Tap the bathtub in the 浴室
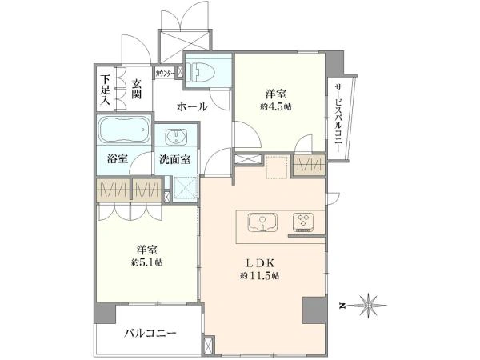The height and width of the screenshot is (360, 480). tap(125, 130)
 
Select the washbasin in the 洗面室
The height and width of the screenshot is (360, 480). tap(176, 137)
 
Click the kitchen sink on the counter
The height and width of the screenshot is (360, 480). tap(262, 222)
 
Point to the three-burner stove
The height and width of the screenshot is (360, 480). tap(302, 222)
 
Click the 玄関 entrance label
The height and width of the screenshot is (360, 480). tap(137, 89)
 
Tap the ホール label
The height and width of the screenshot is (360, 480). tap(192, 107)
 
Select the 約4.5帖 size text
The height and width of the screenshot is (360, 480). tap(276, 107)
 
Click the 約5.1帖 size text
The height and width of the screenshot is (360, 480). tap(147, 262)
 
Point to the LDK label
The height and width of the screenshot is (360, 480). tap(260, 263)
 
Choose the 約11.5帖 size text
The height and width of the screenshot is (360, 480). tap(259, 276)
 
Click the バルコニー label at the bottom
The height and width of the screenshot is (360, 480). tap(150, 333)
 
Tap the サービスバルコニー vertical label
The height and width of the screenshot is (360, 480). tap(339, 118)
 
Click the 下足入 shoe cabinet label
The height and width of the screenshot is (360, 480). tap(106, 90)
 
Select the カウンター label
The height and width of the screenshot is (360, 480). tap(165, 73)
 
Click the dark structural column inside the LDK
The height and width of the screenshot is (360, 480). tap(314, 310)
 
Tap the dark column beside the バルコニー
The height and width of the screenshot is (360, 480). tap(105, 313)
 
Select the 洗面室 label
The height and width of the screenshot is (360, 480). tap(174, 159)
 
